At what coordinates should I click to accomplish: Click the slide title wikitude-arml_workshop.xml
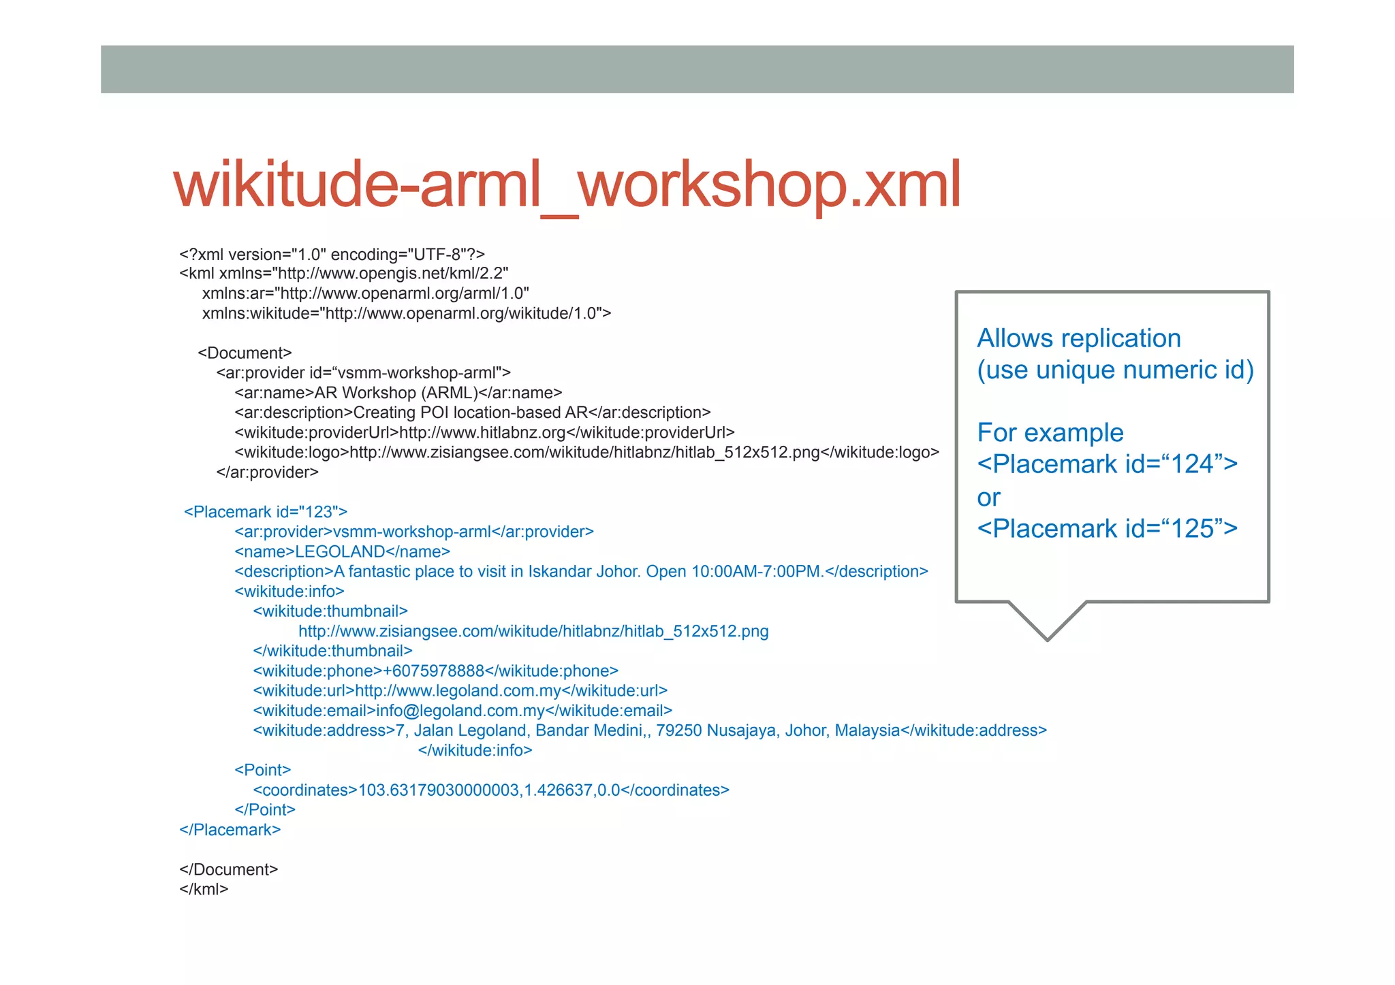(567, 185)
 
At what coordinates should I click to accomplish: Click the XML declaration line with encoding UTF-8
(332, 255)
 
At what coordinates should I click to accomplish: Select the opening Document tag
(245, 353)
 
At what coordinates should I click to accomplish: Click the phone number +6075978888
(433, 671)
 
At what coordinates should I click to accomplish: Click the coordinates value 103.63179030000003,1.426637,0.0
(489, 790)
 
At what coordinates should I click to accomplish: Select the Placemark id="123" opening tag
(266, 512)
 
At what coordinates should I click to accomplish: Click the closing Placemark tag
(230, 830)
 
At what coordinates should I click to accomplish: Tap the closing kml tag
(204, 889)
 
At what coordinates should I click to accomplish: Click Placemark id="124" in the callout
(1107, 464)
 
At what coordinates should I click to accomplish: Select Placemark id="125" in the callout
(1107, 528)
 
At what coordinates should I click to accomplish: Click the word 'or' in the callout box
(988, 498)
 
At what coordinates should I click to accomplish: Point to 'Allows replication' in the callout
(1078, 338)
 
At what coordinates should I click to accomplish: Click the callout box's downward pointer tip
(1047, 638)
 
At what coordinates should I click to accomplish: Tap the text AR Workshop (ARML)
(396, 393)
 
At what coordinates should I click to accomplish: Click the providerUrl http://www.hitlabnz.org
(482, 432)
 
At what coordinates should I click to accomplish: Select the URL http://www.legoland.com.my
(458, 691)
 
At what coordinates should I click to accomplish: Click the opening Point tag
(262, 770)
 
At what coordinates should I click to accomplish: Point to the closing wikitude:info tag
(475, 750)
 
